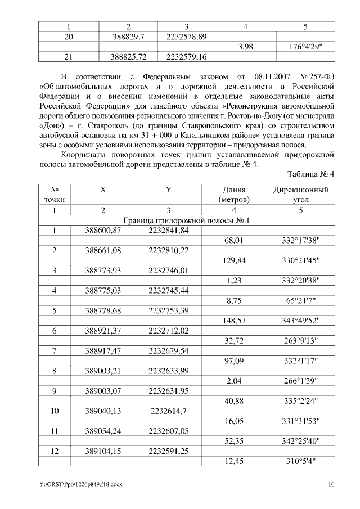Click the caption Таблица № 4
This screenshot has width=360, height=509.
310,174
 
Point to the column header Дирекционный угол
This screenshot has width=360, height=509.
301,195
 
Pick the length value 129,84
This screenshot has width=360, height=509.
237,260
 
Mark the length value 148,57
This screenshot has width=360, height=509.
237,321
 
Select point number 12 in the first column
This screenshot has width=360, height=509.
55,452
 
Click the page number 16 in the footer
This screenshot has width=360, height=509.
331,484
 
